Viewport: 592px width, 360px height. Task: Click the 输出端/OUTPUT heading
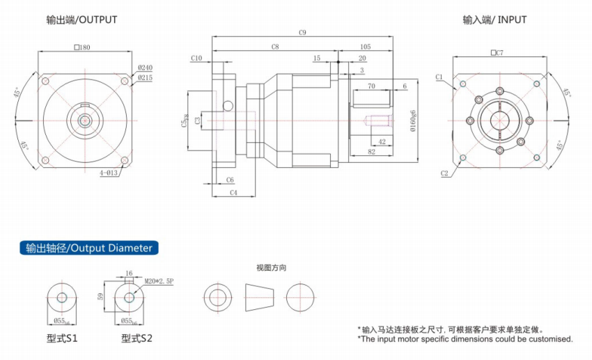click(81, 19)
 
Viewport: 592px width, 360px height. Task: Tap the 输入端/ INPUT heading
click(494, 19)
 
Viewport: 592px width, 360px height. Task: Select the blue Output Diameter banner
click(89, 248)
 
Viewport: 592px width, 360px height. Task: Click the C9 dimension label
click(303, 33)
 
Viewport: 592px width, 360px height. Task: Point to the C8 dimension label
click(275, 47)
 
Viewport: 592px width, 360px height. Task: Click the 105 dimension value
click(365, 47)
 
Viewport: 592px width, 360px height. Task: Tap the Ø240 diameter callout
click(145, 68)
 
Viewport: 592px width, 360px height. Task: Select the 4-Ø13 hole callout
click(109, 172)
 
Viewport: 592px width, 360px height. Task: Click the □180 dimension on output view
click(83, 47)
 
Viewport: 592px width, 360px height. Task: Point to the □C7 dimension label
click(497, 52)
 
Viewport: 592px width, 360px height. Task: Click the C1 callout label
click(439, 77)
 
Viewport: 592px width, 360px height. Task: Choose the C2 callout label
click(444, 173)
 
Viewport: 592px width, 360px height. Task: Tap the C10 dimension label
click(196, 58)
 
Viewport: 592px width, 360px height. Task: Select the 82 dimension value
click(371, 151)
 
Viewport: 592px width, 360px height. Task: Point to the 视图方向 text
click(272, 267)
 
